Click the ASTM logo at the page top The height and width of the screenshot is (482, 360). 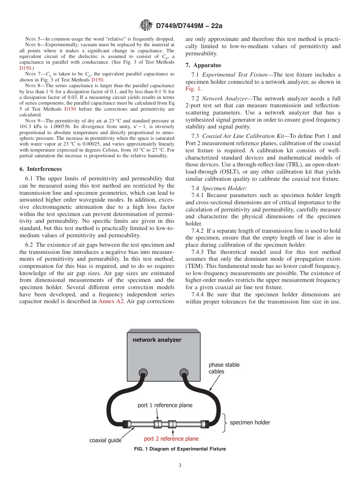click(146, 26)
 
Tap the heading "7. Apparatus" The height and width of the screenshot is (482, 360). click(203, 65)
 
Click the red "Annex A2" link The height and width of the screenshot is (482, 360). click(111, 301)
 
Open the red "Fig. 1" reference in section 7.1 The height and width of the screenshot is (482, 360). click(193, 89)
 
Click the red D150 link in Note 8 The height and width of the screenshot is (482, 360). click(70, 109)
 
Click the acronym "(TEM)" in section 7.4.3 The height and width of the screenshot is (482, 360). click(194, 266)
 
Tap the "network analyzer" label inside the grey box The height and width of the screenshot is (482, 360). click(157, 340)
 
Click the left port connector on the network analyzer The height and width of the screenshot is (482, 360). click(143, 372)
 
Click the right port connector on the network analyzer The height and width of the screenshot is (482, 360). click(184, 372)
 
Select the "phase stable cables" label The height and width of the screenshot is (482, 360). click(224, 368)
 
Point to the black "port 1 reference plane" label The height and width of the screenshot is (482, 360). click(165, 405)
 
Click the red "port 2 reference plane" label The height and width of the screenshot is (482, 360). click(171, 439)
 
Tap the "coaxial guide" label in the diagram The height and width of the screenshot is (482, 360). click(105, 440)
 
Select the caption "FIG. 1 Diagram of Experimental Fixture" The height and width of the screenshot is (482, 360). click(180, 449)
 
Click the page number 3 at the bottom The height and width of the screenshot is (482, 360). click(180, 466)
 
